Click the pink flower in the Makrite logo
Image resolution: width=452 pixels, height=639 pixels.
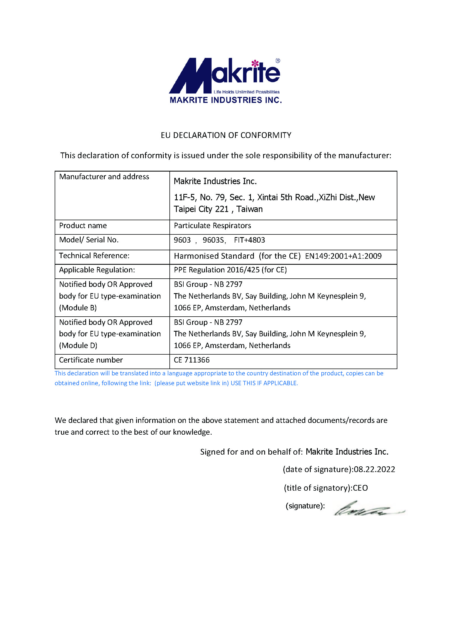pyautogui.click(x=255, y=63)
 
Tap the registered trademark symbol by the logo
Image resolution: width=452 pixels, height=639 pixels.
pyautogui.click(x=278, y=61)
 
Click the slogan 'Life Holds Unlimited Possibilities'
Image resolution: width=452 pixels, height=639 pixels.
pyautogui.click(x=246, y=92)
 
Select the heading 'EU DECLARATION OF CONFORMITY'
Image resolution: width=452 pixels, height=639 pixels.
pyautogui.click(x=226, y=135)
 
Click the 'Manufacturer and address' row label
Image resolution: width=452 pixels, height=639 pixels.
pyautogui.click(x=104, y=177)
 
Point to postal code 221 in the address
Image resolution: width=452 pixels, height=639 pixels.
pyautogui.click(x=222, y=209)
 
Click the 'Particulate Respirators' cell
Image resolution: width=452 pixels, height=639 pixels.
pyautogui.click(x=212, y=225)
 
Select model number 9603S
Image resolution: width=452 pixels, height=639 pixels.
pyautogui.click(x=213, y=240)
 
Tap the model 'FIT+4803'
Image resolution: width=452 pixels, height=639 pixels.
pyautogui.click(x=250, y=240)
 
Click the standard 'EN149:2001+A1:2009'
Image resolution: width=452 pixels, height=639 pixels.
pyautogui.click(x=343, y=256)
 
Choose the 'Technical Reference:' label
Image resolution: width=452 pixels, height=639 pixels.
pyautogui.click(x=94, y=256)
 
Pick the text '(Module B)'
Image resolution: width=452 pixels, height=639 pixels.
pyautogui.click(x=78, y=308)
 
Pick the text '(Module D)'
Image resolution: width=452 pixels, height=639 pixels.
pyautogui.click(x=78, y=346)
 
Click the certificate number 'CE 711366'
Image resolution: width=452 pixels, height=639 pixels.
pyautogui.click(x=192, y=360)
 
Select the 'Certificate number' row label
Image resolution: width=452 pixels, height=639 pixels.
pyautogui.click(x=91, y=360)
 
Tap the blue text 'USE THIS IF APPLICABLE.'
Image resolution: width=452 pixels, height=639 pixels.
pyautogui.click(x=265, y=383)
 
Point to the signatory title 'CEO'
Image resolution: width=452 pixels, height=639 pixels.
pyautogui.click(x=360, y=488)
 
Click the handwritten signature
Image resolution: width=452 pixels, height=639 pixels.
pyautogui.click(x=367, y=509)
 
